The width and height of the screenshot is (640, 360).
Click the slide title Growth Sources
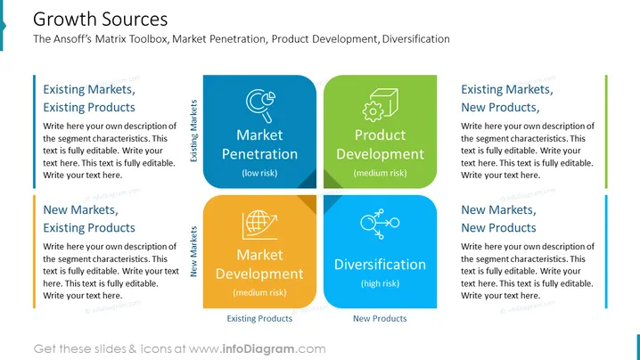point(101,20)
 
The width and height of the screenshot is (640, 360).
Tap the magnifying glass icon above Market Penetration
point(260,106)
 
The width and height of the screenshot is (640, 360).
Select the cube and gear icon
point(380,105)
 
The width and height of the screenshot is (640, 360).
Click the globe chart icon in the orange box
point(259,225)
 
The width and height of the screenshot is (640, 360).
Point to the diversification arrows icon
point(380,224)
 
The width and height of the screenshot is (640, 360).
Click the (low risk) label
point(259,173)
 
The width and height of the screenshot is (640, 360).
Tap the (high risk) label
point(380,283)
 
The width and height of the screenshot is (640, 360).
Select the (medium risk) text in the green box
point(380,173)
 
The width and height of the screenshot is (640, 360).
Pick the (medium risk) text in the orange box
point(259,292)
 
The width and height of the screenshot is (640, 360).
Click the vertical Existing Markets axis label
point(193,131)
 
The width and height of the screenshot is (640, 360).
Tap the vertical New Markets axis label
point(193,251)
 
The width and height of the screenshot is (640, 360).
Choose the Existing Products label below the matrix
point(259,318)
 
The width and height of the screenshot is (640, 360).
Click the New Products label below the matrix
point(380,318)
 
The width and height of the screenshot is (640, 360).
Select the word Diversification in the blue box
point(380,265)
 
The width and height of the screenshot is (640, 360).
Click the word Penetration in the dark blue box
point(259,154)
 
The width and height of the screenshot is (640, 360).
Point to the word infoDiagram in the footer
point(258,349)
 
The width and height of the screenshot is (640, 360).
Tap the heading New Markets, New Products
point(499,219)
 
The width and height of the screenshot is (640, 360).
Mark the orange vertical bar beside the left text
point(34,251)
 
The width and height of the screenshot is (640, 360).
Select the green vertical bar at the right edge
point(606,131)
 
